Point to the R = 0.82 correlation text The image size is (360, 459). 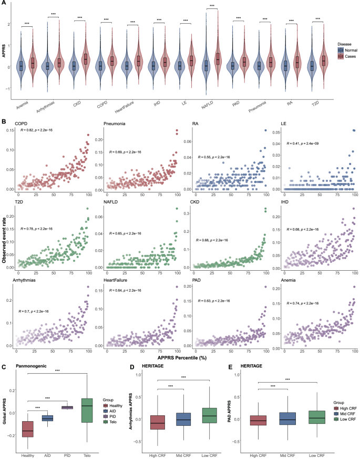click(x=37, y=129)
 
